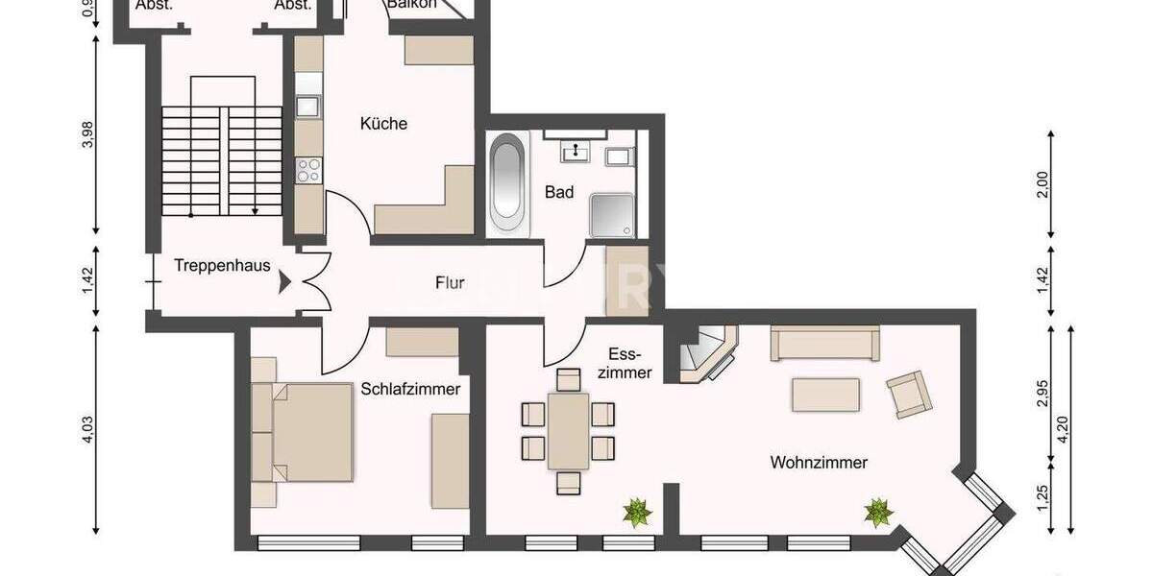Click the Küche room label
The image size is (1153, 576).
click(383, 124)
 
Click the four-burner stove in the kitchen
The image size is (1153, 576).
click(308, 171)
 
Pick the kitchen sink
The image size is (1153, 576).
click(308, 106)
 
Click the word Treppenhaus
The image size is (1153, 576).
click(222, 266)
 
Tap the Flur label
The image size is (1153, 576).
click(450, 283)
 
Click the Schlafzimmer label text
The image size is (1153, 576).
click(410, 390)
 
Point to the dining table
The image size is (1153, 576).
click(568, 431)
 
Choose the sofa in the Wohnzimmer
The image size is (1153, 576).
click(824, 343)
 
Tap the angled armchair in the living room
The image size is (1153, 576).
click(909, 394)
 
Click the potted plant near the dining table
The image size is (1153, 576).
click(635, 512)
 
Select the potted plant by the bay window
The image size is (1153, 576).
click(877, 512)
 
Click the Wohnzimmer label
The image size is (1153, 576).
click(819, 463)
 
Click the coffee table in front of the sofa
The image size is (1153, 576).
click(825, 394)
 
